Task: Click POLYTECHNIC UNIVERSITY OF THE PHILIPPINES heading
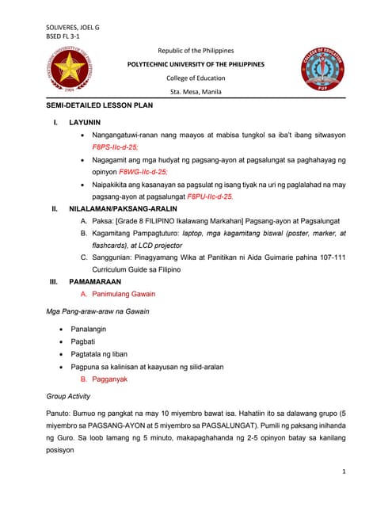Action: point(196,64)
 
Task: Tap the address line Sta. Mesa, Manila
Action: point(196,92)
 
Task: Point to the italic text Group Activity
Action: point(69,396)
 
